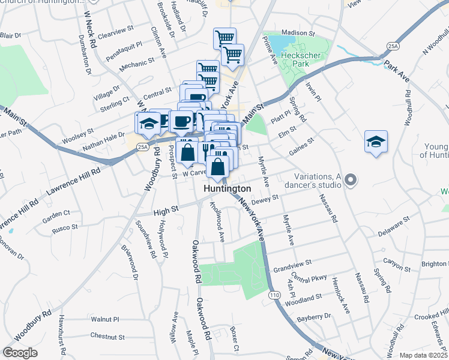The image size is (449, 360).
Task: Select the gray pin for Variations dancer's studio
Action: (352, 179)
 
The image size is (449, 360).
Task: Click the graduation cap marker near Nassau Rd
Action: (376, 142)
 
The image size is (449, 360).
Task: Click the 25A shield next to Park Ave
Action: (393, 46)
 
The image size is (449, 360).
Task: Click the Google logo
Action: (20, 353)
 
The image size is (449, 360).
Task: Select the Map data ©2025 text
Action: (423, 355)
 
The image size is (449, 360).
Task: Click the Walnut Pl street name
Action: (106, 320)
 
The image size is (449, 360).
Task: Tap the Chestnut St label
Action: (107, 337)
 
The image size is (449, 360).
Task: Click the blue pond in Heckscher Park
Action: (278, 43)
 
